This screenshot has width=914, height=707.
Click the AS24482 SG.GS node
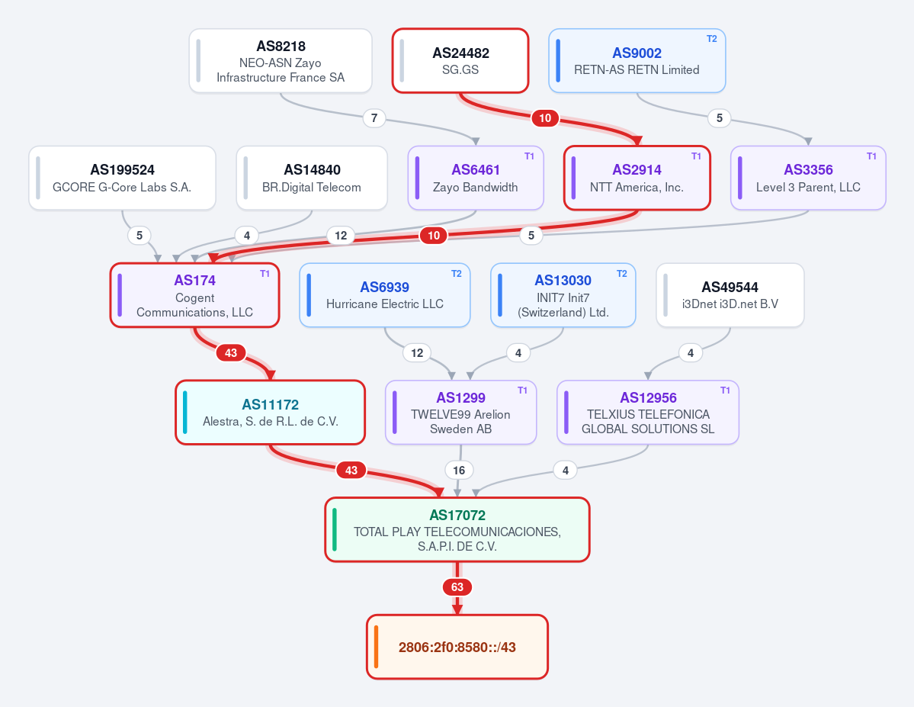(x=460, y=61)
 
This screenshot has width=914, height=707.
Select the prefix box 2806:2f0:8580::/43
(x=457, y=647)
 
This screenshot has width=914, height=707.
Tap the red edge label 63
(x=457, y=586)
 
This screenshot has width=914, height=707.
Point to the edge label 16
(x=459, y=470)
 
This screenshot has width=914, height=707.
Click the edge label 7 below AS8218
(x=374, y=118)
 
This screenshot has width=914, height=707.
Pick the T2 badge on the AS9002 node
(x=712, y=39)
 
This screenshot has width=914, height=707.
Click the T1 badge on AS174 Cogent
(x=265, y=274)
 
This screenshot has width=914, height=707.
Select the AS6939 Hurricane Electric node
(x=385, y=295)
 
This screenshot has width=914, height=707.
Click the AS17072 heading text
(x=457, y=515)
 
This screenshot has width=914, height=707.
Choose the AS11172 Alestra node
(x=271, y=413)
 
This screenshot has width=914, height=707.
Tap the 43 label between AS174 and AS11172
(x=231, y=353)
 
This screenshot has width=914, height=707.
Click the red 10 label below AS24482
(x=545, y=118)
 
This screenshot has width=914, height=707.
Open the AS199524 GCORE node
(x=123, y=178)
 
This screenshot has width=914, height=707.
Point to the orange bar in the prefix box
(x=377, y=647)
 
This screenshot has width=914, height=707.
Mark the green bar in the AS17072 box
(x=335, y=529)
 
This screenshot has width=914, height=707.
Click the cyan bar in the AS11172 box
(x=185, y=413)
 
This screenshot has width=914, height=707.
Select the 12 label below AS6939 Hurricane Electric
(x=417, y=353)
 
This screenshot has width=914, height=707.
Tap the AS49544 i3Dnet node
(x=730, y=295)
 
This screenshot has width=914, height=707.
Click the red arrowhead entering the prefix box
(x=457, y=609)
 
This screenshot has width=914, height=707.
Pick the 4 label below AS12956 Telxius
(x=566, y=470)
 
